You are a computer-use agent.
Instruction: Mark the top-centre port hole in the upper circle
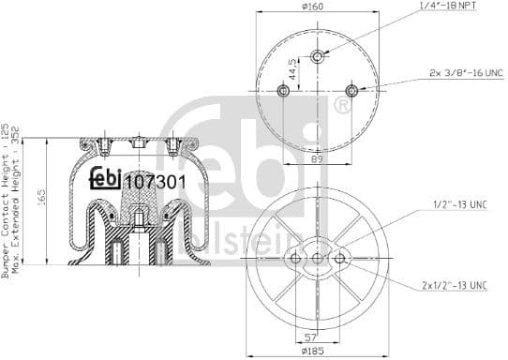point(318,57)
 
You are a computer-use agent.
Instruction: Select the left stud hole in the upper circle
point(283,90)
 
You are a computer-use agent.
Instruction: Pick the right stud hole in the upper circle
point(351,90)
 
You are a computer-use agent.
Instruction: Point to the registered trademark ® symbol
point(343,105)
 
